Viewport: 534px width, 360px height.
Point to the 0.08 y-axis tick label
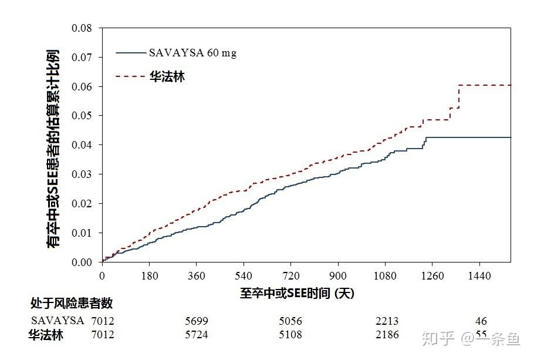tap(82, 28)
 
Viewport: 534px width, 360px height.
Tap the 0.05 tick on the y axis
tap(82, 116)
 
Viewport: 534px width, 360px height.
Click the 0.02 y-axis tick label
tap(82, 203)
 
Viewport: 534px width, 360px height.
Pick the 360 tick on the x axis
tap(196, 275)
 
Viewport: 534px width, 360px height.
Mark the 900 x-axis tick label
tap(338, 275)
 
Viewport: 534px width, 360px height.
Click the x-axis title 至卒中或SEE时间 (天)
tap(297, 292)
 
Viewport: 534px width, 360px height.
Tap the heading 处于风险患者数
tap(72, 304)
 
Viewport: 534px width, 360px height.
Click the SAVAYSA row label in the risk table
tap(58, 321)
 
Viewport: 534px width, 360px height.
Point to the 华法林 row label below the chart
tap(46, 335)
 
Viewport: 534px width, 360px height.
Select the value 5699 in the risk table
tap(196, 321)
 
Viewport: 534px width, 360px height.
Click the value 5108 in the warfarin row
tap(290, 335)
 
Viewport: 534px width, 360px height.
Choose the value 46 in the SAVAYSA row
tap(481, 321)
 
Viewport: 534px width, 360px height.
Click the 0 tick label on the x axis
tap(102, 275)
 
